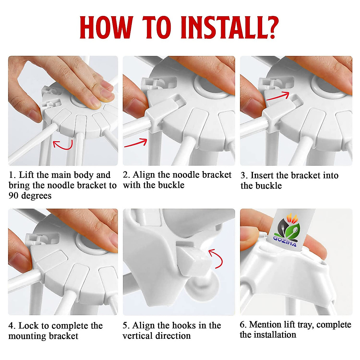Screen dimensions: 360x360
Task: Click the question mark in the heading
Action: [x=272, y=28]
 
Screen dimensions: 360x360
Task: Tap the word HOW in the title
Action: [x=106, y=28]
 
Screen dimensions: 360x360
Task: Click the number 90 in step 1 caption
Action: [x=14, y=196]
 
